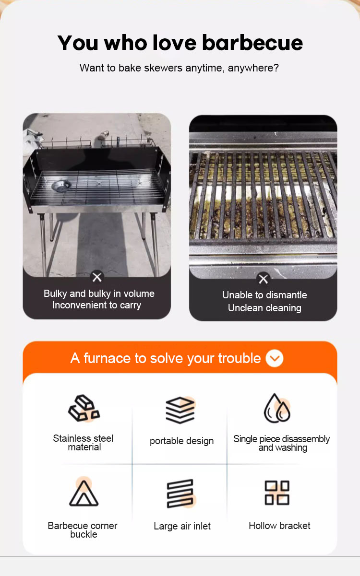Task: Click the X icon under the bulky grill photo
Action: [97, 277]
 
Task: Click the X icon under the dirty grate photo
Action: [263, 279]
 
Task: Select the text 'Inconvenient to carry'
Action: [96, 306]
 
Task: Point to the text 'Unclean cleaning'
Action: [264, 308]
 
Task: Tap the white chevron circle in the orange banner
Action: [275, 358]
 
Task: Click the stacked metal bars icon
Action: [84, 408]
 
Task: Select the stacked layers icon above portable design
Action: [180, 410]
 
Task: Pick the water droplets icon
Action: [277, 408]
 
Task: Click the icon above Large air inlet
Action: [180, 494]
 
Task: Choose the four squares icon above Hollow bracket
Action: [277, 493]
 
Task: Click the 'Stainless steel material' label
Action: [84, 443]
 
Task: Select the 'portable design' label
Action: [181, 441]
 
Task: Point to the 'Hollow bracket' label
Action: [279, 526]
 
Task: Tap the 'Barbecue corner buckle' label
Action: [83, 530]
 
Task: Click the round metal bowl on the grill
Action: [62, 185]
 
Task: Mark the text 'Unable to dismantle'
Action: [264, 295]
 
